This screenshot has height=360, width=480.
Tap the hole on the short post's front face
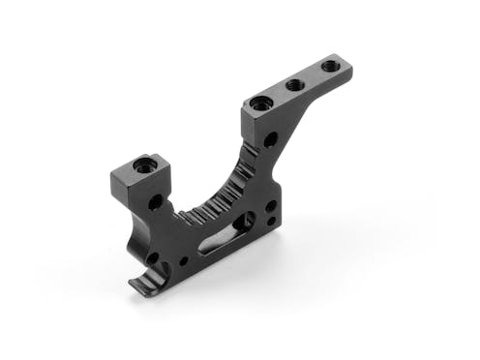click(156, 202)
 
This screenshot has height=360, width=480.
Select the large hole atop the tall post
click(258, 103)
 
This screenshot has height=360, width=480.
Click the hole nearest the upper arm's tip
click(330, 67)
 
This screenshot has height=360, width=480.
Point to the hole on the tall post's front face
click(270, 139)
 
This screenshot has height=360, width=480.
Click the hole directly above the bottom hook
click(152, 258)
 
